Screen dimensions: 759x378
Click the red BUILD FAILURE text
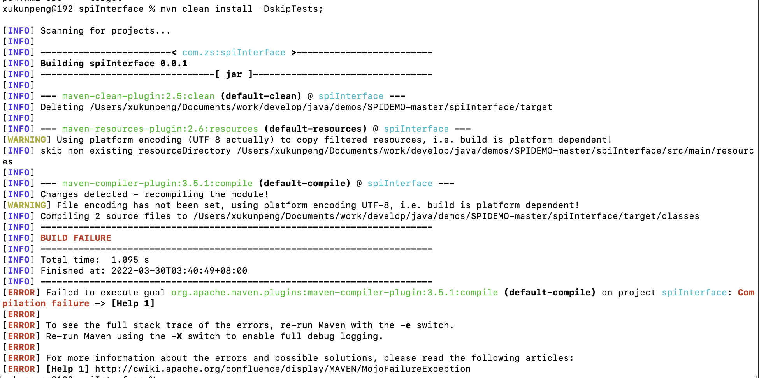[x=76, y=238]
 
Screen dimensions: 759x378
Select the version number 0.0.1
[x=174, y=64]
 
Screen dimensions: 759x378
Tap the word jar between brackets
[x=234, y=74]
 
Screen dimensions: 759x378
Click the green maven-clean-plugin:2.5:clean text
[x=138, y=96]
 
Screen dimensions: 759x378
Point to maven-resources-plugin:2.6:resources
[x=160, y=129]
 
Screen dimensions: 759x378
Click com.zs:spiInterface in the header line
[x=234, y=53]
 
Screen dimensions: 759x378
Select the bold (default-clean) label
[x=261, y=96]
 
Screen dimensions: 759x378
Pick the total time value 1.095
[x=125, y=260]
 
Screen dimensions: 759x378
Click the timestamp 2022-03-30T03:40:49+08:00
[x=179, y=271]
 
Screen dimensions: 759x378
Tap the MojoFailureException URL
[x=283, y=369]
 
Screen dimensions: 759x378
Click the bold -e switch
[x=405, y=325]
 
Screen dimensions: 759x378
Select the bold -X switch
[x=176, y=336]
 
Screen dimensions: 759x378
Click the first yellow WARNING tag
[x=26, y=140]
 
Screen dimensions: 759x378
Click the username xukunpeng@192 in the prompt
[x=37, y=9]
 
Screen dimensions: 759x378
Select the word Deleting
[x=62, y=107]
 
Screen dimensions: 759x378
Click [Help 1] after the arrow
[x=133, y=304]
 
